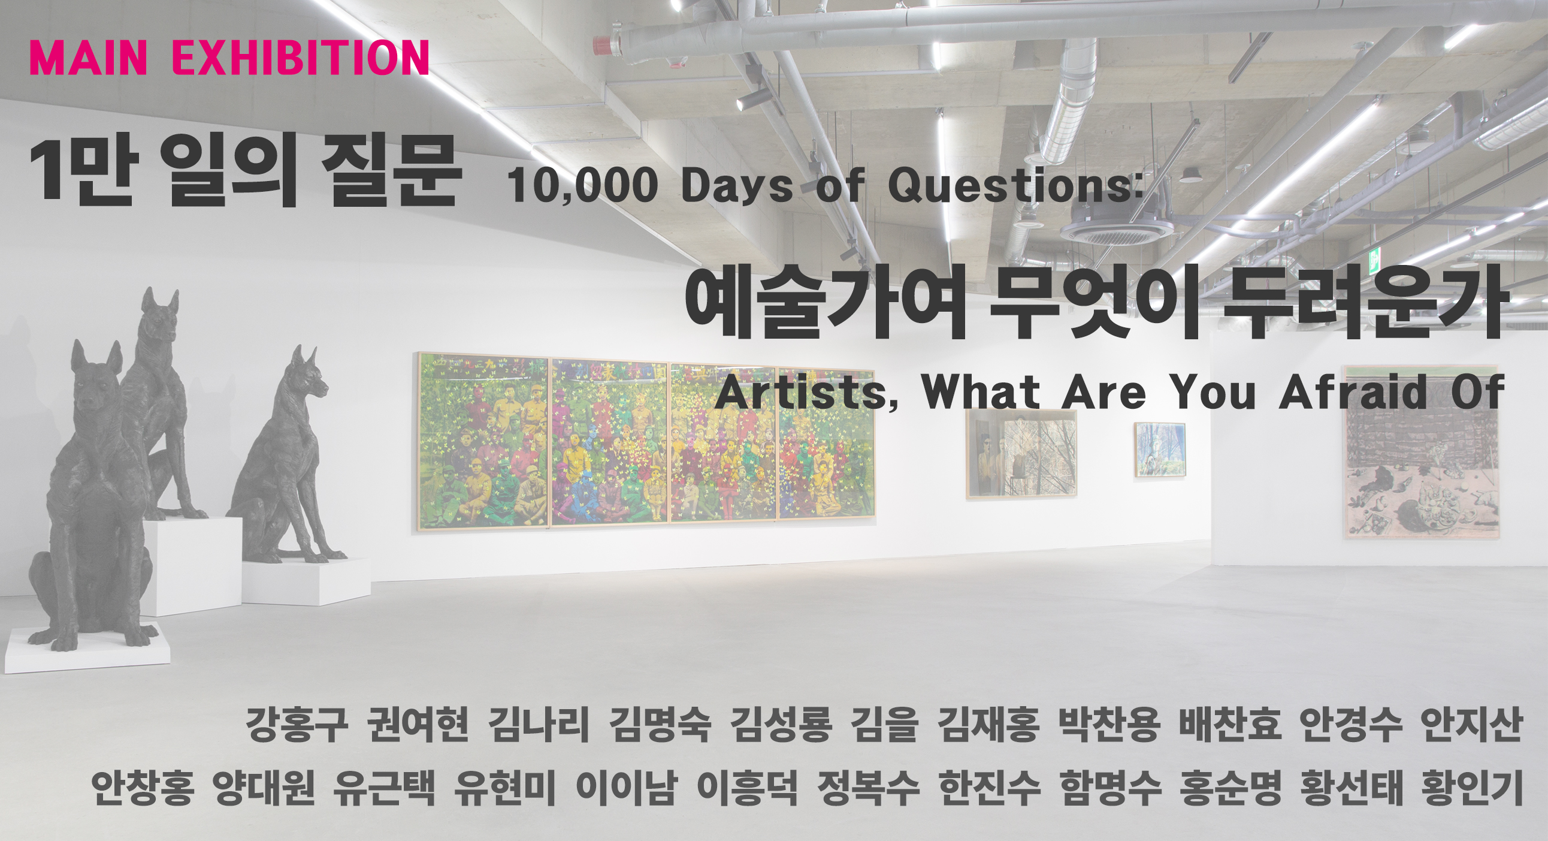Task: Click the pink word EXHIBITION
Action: tap(301, 58)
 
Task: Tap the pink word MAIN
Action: tap(88, 58)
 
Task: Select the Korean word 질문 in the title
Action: tap(391, 173)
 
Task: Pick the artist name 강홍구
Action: tap(297, 725)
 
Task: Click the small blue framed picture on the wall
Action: tap(1160, 449)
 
